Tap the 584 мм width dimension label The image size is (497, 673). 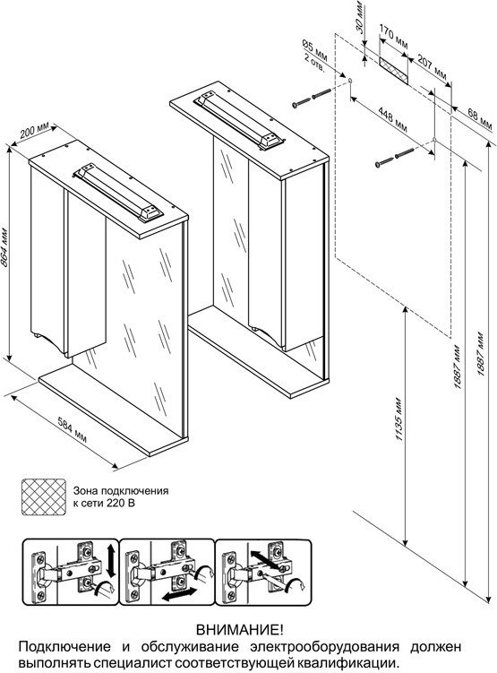[72, 430]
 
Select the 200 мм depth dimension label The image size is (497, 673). [35, 131]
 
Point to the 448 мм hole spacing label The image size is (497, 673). [392, 119]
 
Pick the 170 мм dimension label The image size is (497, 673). [394, 37]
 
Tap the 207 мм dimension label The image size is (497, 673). [432, 68]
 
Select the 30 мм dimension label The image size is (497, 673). [361, 17]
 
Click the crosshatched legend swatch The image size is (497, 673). [44, 497]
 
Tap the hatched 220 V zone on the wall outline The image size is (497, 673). [393, 67]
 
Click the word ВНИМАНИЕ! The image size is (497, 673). [240, 630]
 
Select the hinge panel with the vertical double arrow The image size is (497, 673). [71, 572]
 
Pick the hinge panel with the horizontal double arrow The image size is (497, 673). [167, 572]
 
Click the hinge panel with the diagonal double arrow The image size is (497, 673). [262, 572]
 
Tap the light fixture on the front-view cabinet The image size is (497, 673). [117, 194]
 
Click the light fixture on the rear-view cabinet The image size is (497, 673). [238, 120]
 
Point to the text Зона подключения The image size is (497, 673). [121, 490]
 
